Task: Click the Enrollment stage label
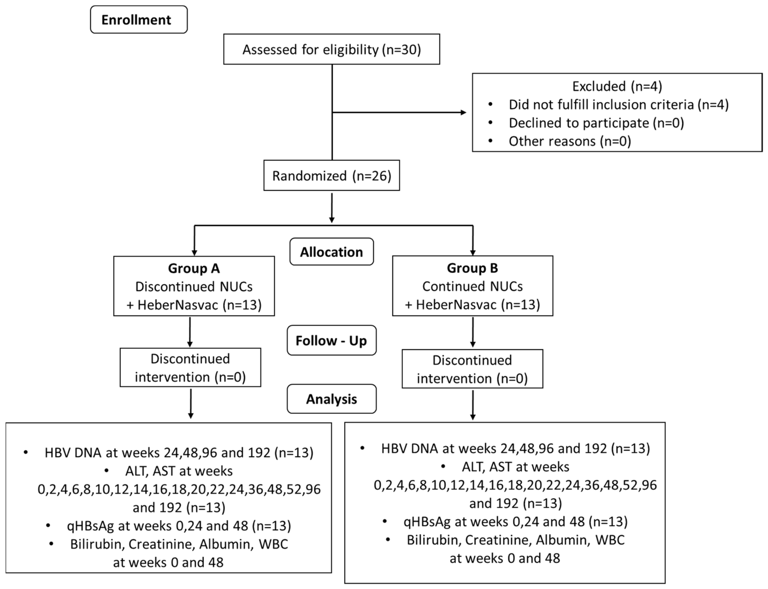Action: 139,19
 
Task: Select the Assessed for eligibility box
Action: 331,49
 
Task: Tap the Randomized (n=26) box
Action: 331,175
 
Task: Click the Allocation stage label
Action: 331,252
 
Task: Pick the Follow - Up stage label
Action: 331,340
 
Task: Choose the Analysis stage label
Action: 331,399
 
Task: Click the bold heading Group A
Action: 194,268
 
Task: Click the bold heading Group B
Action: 472,268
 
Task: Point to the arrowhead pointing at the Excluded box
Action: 463,113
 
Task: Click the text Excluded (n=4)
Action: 617,86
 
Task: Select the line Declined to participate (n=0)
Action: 596,123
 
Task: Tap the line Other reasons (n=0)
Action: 570,141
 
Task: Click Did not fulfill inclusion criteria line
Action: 618,105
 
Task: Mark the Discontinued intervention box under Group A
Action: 190,367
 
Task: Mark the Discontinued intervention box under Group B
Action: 472,369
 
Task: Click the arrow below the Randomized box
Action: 331,208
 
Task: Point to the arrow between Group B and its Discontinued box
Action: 472,332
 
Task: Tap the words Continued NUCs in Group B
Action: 472,286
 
